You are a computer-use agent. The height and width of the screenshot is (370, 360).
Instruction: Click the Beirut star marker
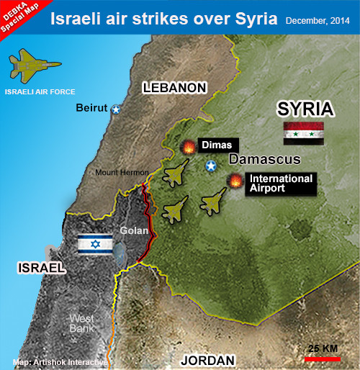(x=115, y=109)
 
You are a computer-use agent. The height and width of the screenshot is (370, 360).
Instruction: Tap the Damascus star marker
(x=211, y=167)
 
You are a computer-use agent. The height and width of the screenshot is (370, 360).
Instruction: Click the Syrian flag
(x=303, y=133)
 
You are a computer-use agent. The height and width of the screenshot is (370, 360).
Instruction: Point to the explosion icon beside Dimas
(x=188, y=147)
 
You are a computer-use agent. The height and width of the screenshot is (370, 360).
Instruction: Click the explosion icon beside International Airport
(x=235, y=182)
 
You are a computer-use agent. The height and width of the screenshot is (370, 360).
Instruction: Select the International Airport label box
(x=281, y=183)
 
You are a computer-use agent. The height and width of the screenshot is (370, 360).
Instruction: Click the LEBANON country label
(x=175, y=88)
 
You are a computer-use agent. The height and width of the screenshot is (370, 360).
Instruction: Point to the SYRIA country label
(x=305, y=109)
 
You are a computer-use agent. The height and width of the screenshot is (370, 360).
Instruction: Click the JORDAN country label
(x=207, y=360)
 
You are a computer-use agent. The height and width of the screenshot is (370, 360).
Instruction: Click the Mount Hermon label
(x=122, y=173)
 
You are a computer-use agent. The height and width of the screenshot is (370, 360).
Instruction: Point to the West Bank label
(x=82, y=323)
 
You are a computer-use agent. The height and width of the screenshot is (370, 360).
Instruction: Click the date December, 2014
(x=319, y=20)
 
